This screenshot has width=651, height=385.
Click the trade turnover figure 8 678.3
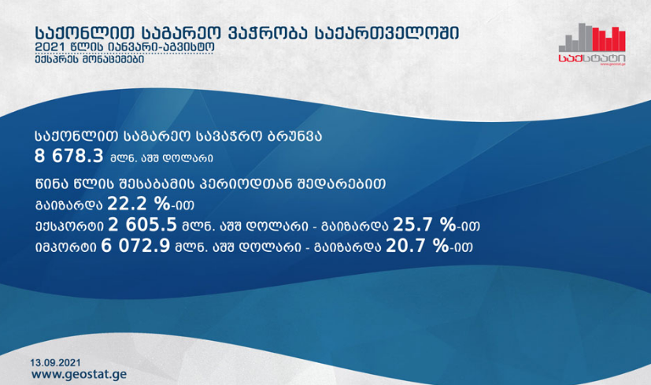[69, 156]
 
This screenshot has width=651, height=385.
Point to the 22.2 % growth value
[139, 204]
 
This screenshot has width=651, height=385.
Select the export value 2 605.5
[142, 224]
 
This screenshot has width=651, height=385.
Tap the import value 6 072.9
[135, 246]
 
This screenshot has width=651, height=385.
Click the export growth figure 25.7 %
[424, 224]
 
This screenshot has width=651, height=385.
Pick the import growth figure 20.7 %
[417, 246]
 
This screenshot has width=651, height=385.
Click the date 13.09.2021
[55, 363]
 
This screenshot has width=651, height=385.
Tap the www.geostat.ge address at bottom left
[79, 374]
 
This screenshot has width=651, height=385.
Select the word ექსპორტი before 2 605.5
[69, 226]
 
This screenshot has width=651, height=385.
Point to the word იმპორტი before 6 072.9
[65, 247]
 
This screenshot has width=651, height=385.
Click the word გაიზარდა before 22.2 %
[69, 205]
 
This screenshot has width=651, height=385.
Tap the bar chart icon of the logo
[592, 37]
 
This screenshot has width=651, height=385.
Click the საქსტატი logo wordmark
[592, 58]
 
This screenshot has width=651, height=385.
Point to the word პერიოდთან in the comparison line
[246, 183]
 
